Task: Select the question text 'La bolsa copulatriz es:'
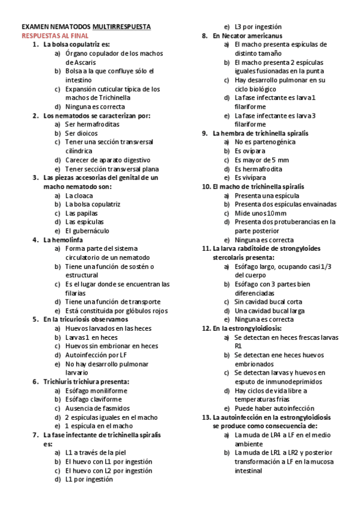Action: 76,45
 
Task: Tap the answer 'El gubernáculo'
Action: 87,230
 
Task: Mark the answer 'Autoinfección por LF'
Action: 93,355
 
